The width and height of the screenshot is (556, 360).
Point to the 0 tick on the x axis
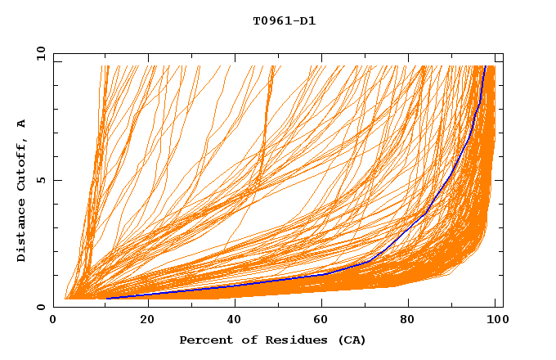coord(54,320)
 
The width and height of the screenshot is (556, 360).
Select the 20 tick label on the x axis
coord(147,320)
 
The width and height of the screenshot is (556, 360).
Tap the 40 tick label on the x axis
coord(236,320)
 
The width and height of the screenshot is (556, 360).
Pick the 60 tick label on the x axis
coord(325,320)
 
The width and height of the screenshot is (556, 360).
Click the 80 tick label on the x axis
coord(415,320)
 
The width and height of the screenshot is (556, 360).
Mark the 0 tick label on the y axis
coord(40,307)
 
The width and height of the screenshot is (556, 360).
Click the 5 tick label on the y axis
coord(40,180)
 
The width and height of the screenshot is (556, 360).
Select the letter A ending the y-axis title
coord(22,124)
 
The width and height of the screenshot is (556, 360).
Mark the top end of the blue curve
coord(486,66)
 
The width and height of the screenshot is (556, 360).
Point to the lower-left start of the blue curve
coord(106,298)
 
